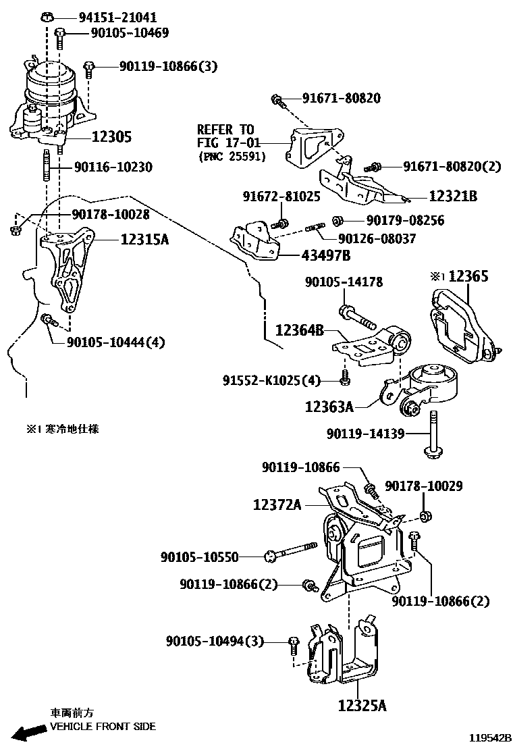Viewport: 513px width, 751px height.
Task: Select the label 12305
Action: [x=111, y=137]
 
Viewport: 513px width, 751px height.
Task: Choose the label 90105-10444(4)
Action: [x=115, y=342]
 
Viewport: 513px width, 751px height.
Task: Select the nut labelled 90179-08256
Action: [x=339, y=221]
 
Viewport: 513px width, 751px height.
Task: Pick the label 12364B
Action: [x=300, y=330]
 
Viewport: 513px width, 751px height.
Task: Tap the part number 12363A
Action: [x=329, y=407]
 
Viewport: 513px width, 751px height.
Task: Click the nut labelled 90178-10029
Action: [x=425, y=517]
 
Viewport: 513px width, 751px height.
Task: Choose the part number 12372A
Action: [x=277, y=504]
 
